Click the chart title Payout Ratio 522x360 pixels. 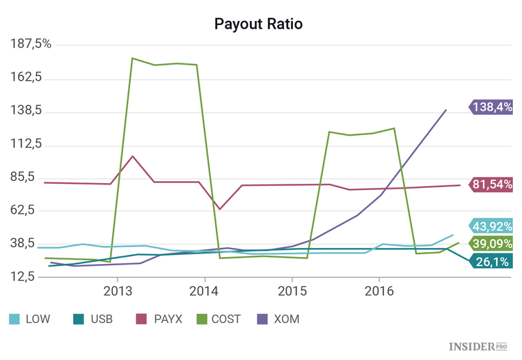pos(258,24)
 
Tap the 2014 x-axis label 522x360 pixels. pos(205,290)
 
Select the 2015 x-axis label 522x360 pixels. pos(292,290)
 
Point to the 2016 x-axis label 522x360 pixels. pos(379,290)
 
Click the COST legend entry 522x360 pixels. pos(217,319)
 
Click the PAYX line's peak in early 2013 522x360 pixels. pos(133,156)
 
